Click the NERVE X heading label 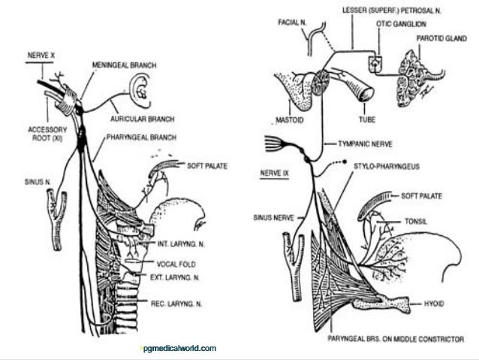click(x=41, y=57)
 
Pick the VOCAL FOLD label click(x=176, y=263)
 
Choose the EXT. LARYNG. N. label click(x=179, y=277)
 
